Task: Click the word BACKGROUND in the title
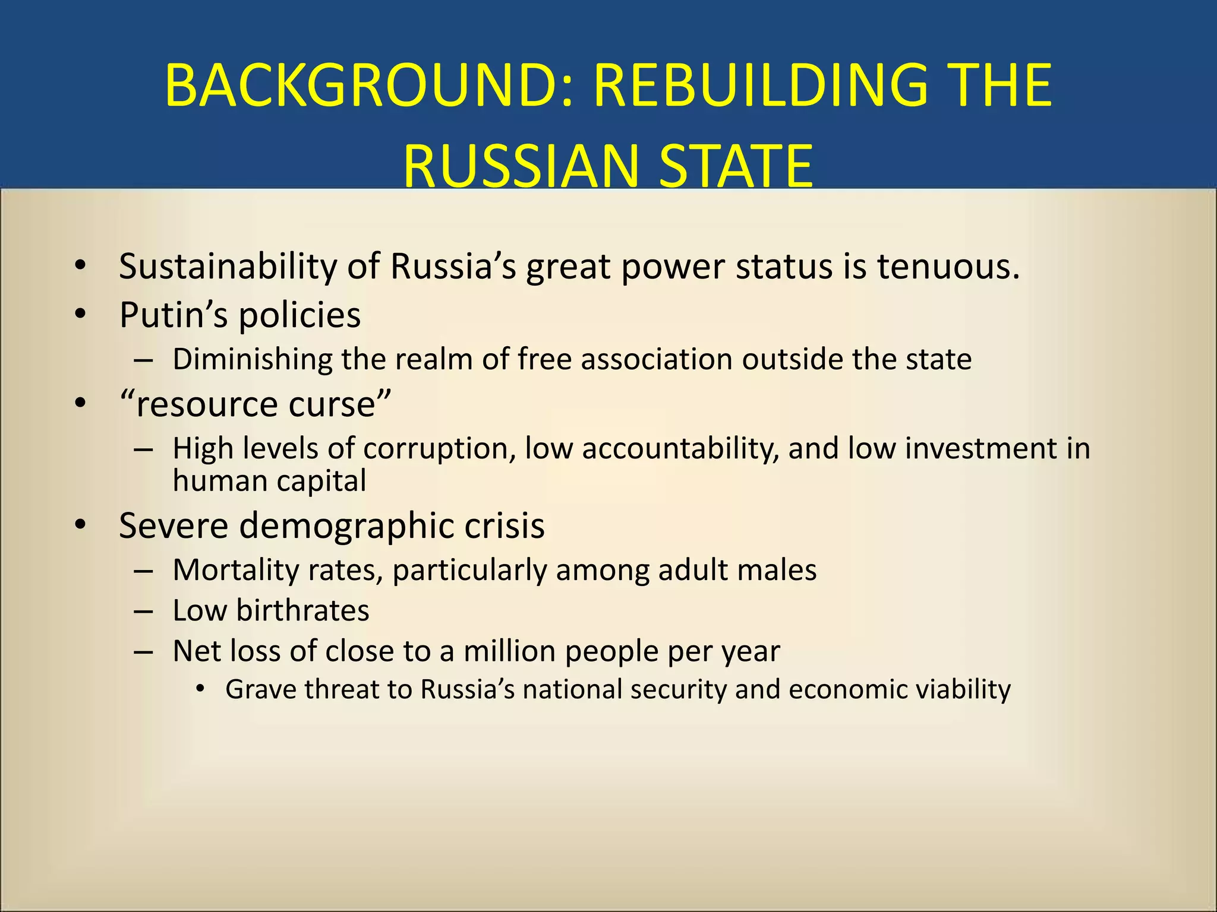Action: (368, 86)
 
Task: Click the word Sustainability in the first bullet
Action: (228, 267)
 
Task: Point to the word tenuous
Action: (948, 267)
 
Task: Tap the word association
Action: (656, 360)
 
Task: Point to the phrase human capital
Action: (269, 481)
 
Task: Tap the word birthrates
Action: (302, 611)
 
